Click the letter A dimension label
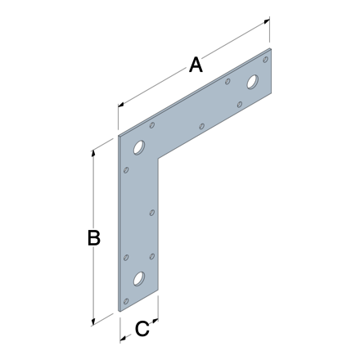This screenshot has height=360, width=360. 196,65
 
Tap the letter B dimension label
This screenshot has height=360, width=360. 94,237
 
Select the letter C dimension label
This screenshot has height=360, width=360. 142,328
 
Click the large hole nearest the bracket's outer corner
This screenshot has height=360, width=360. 139,147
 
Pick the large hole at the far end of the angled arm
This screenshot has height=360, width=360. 253,82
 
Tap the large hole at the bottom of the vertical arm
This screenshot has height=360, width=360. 139,279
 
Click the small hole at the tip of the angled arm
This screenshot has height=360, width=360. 265,60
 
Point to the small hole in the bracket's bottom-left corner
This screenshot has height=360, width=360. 126,301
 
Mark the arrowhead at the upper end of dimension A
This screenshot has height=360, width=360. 267,22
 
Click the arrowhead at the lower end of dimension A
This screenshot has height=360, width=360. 121,104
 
